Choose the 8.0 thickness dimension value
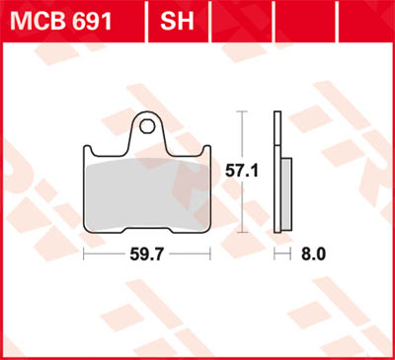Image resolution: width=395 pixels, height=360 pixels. pyautogui.click(x=314, y=252)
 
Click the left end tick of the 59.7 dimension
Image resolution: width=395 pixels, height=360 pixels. pyautogui.click(x=84, y=252)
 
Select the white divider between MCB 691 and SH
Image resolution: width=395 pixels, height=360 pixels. pyautogui.click(x=146, y=18)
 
